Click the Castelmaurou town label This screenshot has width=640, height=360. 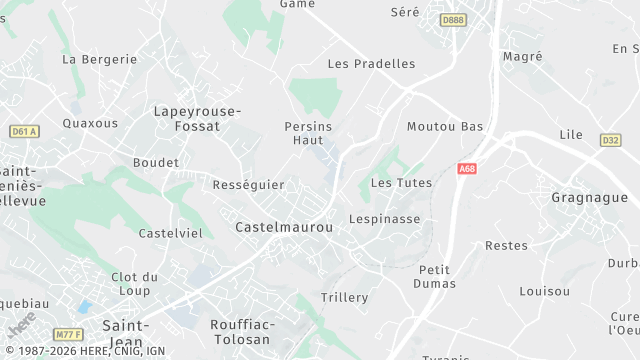pyautogui.click(x=283, y=228)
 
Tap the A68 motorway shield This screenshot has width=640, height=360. pyautogui.click(x=467, y=169)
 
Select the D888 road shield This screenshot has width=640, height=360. pyautogui.click(x=453, y=19)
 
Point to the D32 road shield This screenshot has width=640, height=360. pyautogui.click(x=611, y=140)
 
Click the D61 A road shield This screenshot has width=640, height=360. pyautogui.click(x=23, y=131)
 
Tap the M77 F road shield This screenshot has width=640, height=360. pyautogui.click(x=68, y=333)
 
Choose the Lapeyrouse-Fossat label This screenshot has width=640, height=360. pyautogui.click(x=197, y=120)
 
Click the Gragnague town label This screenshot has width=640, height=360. pyautogui.click(x=589, y=198)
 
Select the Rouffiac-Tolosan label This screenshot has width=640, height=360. pyautogui.click(x=240, y=332)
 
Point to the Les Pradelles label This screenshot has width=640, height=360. pyautogui.click(x=371, y=64)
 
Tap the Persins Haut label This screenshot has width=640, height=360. pyautogui.click(x=308, y=134)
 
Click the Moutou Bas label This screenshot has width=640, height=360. pyautogui.click(x=445, y=127)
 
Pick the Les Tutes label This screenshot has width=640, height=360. pyautogui.click(x=401, y=183)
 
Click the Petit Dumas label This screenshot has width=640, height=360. pyautogui.click(x=435, y=277)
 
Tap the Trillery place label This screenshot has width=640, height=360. pyautogui.click(x=344, y=298)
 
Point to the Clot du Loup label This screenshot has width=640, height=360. pyautogui.click(x=135, y=284)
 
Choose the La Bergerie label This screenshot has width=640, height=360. pyautogui.click(x=99, y=59)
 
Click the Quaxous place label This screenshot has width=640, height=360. pyautogui.click(x=90, y=124)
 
